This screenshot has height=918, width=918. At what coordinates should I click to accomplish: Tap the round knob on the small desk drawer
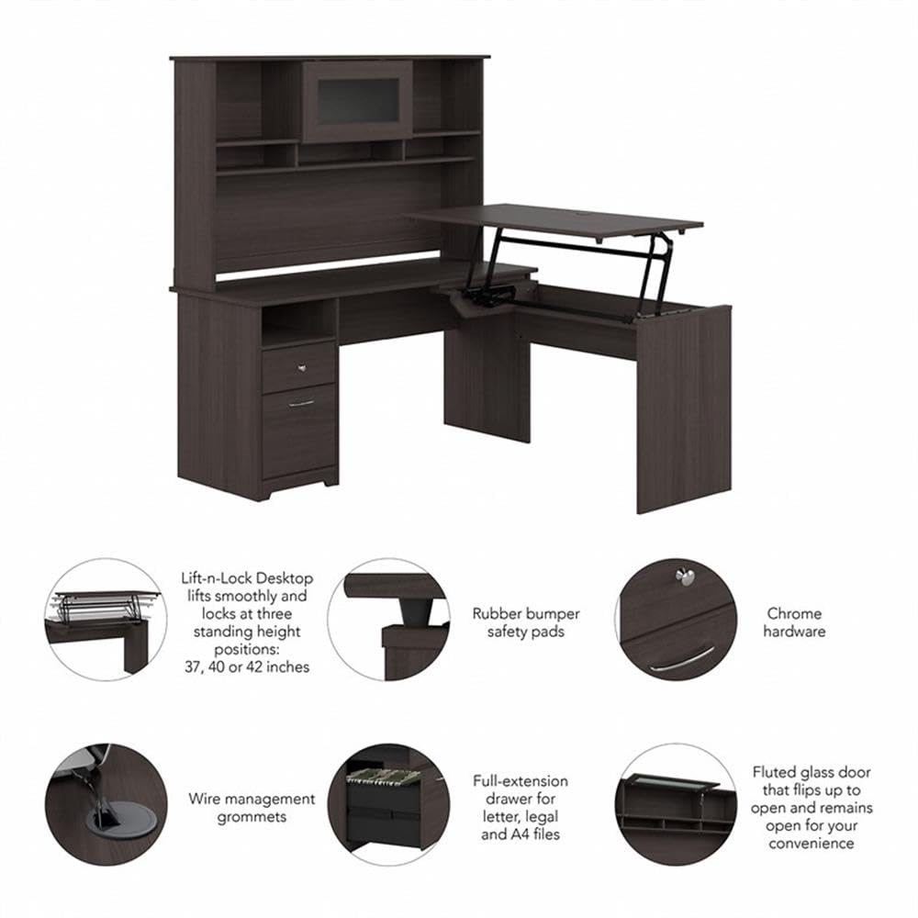click(302, 367)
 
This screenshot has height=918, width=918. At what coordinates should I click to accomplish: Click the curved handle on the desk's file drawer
click(300, 402)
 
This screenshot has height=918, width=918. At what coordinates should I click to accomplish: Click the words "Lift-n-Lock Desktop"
click(247, 578)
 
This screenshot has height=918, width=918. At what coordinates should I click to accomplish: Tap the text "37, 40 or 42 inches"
click(246, 667)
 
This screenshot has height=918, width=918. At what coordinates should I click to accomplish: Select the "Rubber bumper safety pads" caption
click(526, 622)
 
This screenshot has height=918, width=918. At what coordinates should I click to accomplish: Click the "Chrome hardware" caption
click(796, 622)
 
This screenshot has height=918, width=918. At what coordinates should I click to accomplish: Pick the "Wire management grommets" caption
click(252, 808)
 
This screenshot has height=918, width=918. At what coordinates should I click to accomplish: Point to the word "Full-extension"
click(521, 781)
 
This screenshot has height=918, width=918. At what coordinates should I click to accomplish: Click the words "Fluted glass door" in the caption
click(812, 772)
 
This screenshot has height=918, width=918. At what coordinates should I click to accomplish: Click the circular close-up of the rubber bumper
click(388, 620)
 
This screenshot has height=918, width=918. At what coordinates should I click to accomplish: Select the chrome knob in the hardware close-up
click(684, 577)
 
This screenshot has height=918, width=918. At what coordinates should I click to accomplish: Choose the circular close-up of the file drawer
click(388, 804)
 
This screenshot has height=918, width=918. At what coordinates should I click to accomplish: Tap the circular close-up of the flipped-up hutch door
click(676, 804)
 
